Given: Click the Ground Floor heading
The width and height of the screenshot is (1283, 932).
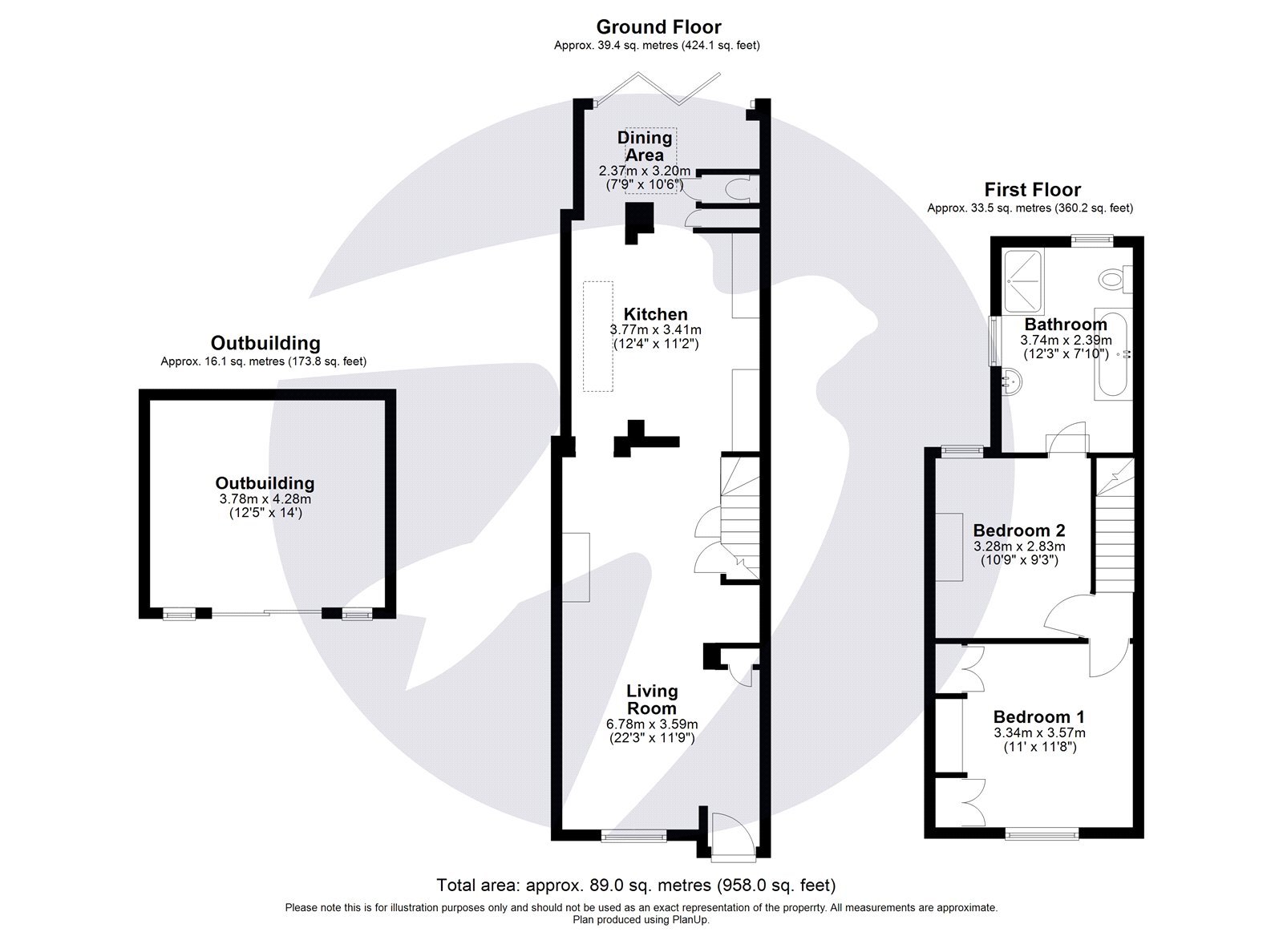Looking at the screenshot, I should tap(658, 26).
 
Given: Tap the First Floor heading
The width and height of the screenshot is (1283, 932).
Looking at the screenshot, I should tap(1032, 190).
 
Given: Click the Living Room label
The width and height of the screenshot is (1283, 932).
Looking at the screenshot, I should tap(652, 699).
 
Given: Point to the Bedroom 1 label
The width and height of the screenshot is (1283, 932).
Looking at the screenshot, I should tap(1038, 716).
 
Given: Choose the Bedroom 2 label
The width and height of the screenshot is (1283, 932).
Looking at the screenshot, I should tap(1018, 531).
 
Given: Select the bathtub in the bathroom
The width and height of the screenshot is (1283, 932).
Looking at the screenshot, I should tap(1112, 353).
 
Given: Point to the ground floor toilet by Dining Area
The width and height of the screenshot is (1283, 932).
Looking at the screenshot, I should tap(735, 188).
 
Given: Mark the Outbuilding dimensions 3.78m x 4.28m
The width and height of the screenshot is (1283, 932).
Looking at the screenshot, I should tap(265, 498).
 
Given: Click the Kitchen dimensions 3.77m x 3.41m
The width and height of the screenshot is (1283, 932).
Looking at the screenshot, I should tap(656, 329).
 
